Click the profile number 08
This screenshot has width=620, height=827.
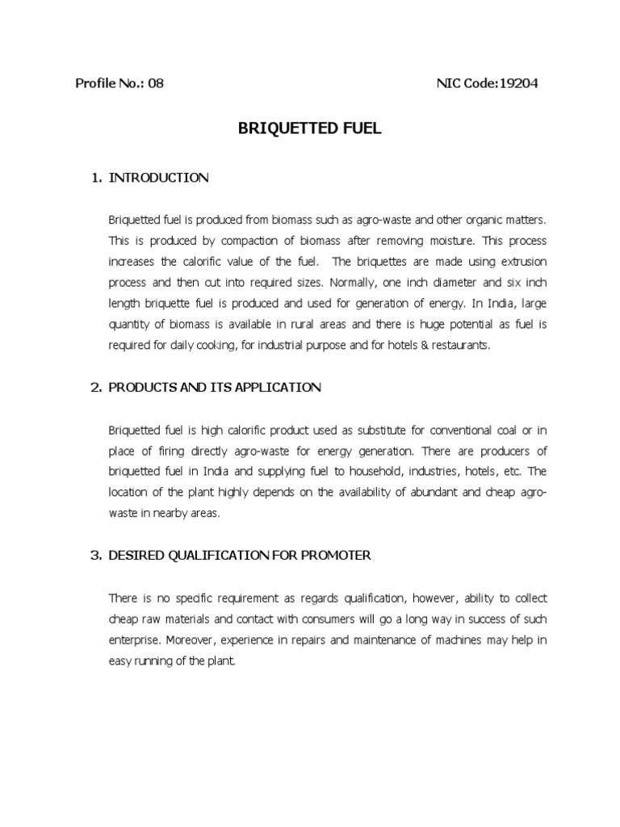[x=156, y=83]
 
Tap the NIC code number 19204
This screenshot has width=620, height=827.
[x=519, y=83]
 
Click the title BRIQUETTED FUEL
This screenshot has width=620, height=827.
[x=310, y=129]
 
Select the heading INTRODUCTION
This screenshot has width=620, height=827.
[x=158, y=178]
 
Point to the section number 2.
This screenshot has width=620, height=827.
[x=94, y=388]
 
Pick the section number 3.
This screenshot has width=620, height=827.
[x=94, y=556]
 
